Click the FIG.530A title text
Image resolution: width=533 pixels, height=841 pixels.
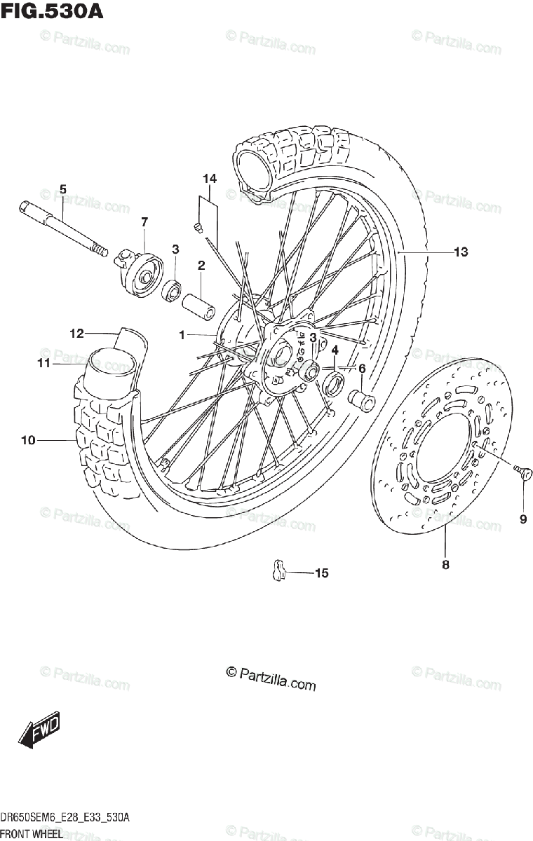click(52, 12)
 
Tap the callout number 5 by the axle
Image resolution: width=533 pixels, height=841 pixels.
click(62, 189)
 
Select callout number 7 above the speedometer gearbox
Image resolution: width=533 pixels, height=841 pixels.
click(144, 222)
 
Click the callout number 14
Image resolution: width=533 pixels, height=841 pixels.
click(210, 179)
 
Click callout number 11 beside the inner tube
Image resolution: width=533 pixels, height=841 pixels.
click(43, 363)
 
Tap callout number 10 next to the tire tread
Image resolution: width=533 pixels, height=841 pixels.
click(28, 440)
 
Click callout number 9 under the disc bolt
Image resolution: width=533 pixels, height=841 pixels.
click(522, 519)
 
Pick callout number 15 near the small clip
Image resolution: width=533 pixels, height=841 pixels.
click(321, 573)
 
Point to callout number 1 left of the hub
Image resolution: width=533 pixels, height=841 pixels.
click(182, 336)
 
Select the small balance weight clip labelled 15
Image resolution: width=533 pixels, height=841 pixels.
click(278, 570)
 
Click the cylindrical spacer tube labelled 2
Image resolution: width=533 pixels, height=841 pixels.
click(197, 306)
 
